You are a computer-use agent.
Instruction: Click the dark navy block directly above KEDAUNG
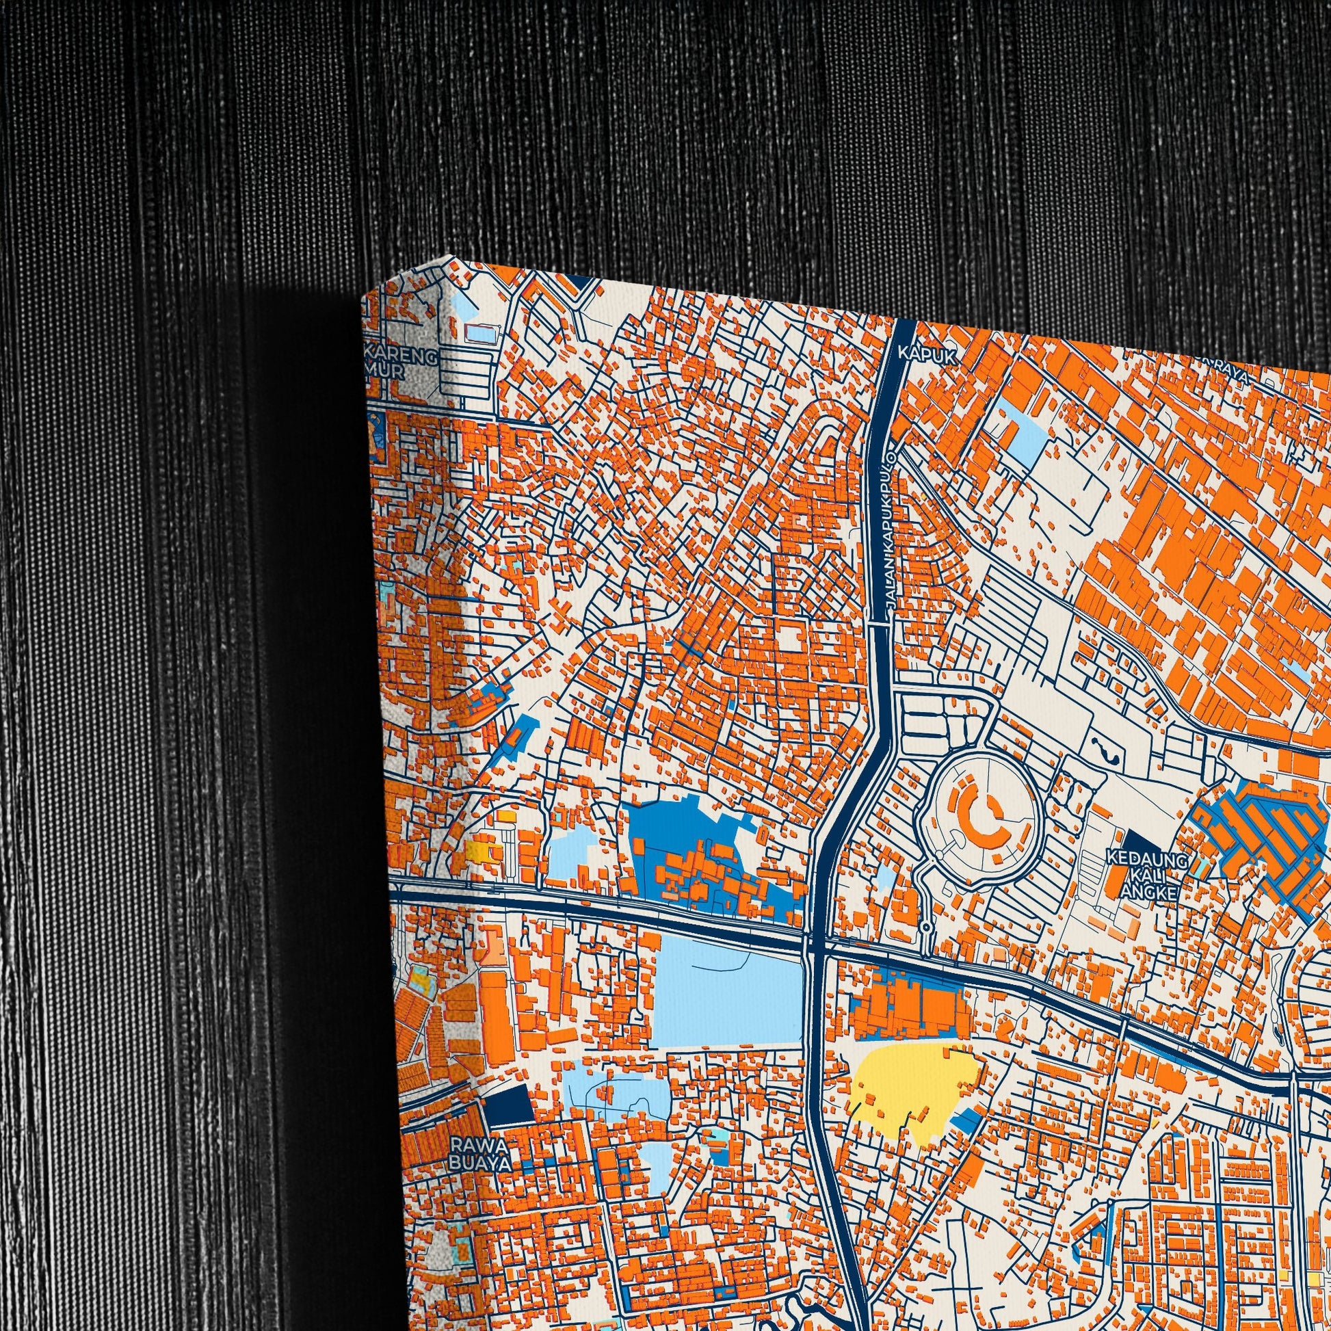1141,839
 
